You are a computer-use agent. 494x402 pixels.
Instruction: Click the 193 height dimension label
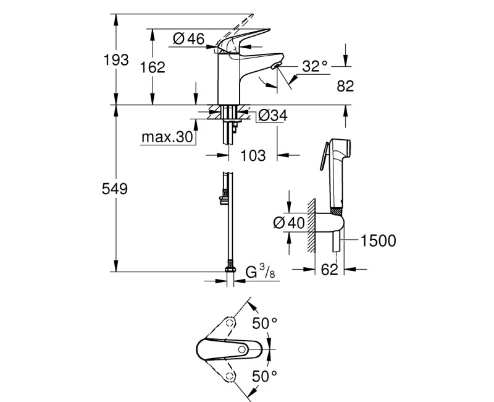point(116,59)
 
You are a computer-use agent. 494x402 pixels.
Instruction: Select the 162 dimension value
point(153,67)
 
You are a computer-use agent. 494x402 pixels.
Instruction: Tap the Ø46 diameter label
point(189,39)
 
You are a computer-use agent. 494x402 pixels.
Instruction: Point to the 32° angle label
point(314,66)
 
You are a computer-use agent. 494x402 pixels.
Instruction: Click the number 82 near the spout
point(345,86)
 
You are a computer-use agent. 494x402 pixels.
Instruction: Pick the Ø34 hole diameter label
point(272,116)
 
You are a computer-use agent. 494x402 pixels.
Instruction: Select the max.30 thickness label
point(167,137)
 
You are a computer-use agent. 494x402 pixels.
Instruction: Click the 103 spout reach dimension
point(253,156)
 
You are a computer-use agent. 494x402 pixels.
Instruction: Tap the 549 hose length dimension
point(115,189)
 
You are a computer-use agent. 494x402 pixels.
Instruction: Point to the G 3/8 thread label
point(260,272)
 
